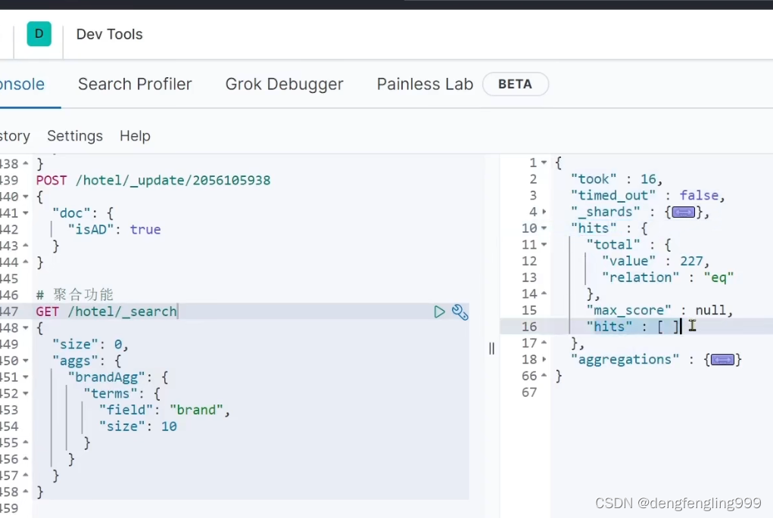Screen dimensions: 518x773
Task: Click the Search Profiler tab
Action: pos(135,84)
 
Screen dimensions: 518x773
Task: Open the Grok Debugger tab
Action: pos(284,84)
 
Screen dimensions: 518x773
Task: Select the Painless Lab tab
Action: pos(425,84)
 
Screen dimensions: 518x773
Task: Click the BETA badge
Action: pos(515,84)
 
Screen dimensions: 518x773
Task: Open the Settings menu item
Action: pos(75,136)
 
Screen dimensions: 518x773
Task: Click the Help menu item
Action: pos(135,136)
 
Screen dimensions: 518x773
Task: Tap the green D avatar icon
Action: pos(39,34)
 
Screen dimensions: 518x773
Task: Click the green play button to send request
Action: pos(439,312)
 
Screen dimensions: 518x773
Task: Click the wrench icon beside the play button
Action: pos(460,312)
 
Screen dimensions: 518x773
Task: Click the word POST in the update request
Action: pos(51,180)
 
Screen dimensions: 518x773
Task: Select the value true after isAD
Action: pos(145,229)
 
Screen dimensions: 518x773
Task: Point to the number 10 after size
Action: pos(169,426)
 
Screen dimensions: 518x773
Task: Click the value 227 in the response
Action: pos(691,261)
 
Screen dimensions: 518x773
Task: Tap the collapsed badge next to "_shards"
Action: pos(683,212)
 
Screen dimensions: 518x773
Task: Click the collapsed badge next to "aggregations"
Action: pos(722,360)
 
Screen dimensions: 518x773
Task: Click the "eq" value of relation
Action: pos(718,278)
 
